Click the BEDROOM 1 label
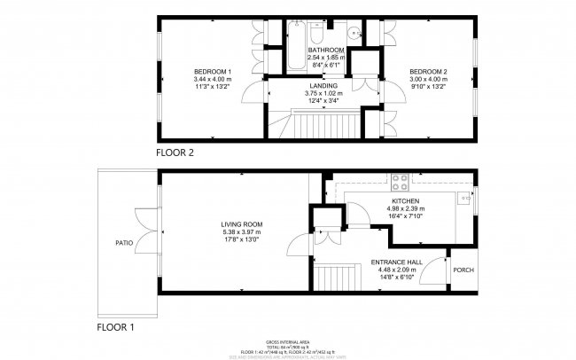[213, 71]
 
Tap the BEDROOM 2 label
[426, 71]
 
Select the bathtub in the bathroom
[295, 55]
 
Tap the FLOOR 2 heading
[175, 153]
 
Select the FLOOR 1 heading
[115, 327]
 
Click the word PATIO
[123, 241]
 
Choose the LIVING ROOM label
[237, 224]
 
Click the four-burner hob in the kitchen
[401, 184]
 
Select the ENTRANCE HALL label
[396, 263]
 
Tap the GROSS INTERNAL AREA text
[287, 341]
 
